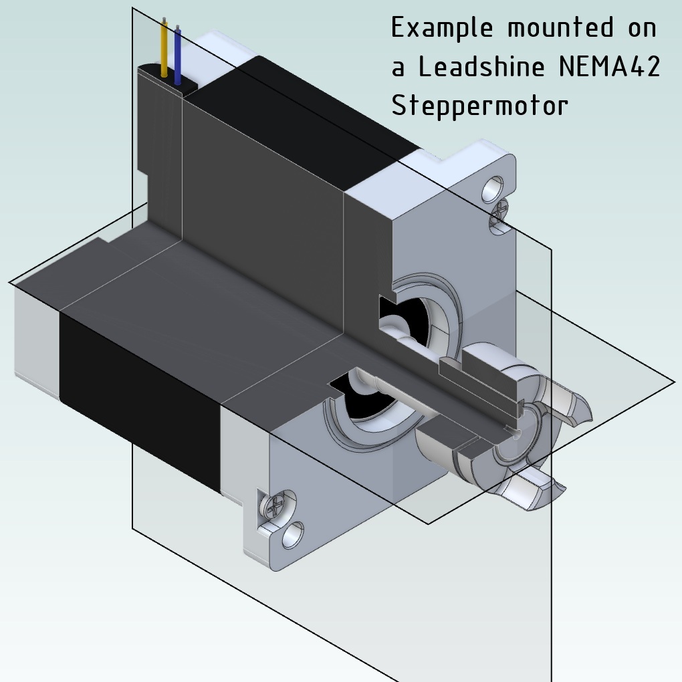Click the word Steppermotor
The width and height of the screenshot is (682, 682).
pos(479,105)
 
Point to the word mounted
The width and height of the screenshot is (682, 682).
pos(560,29)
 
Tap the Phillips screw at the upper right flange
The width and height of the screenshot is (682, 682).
pos(499,218)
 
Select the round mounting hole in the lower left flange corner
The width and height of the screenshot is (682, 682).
pos(293,535)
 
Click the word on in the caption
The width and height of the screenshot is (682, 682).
pos(640,29)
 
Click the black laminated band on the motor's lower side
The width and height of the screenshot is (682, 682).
pos(140,401)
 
